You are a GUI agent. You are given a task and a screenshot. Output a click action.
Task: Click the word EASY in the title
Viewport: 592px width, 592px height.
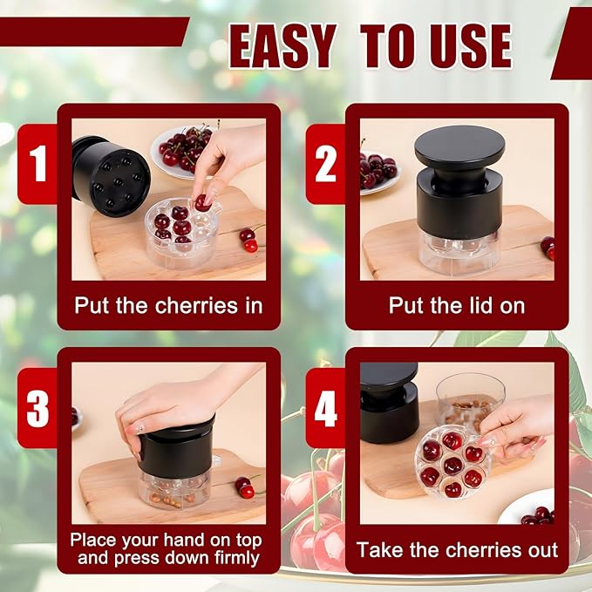coord(282,45)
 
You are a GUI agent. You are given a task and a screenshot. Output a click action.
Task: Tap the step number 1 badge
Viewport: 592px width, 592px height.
coord(37,164)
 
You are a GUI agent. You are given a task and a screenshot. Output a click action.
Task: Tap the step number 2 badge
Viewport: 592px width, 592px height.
coord(325,164)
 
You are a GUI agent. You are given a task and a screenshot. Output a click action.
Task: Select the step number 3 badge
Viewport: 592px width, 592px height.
coord(37,408)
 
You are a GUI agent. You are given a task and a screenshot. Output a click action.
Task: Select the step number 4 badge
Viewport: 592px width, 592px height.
coord(325,408)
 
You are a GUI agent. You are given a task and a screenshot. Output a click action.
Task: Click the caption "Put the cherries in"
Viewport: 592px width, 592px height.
coord(168,306)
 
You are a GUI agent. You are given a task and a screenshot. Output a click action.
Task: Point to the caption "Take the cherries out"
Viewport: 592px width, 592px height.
coord(456,550)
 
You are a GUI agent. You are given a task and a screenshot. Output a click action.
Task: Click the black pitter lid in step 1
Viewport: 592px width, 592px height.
coord(111,174)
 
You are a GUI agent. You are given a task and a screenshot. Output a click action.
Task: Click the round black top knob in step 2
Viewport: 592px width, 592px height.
coord(459,148)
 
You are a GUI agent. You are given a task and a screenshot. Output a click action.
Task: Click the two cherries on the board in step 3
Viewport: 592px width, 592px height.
coord(244,487)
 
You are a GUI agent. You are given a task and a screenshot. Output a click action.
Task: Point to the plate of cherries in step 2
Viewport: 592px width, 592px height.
coord(378,169)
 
